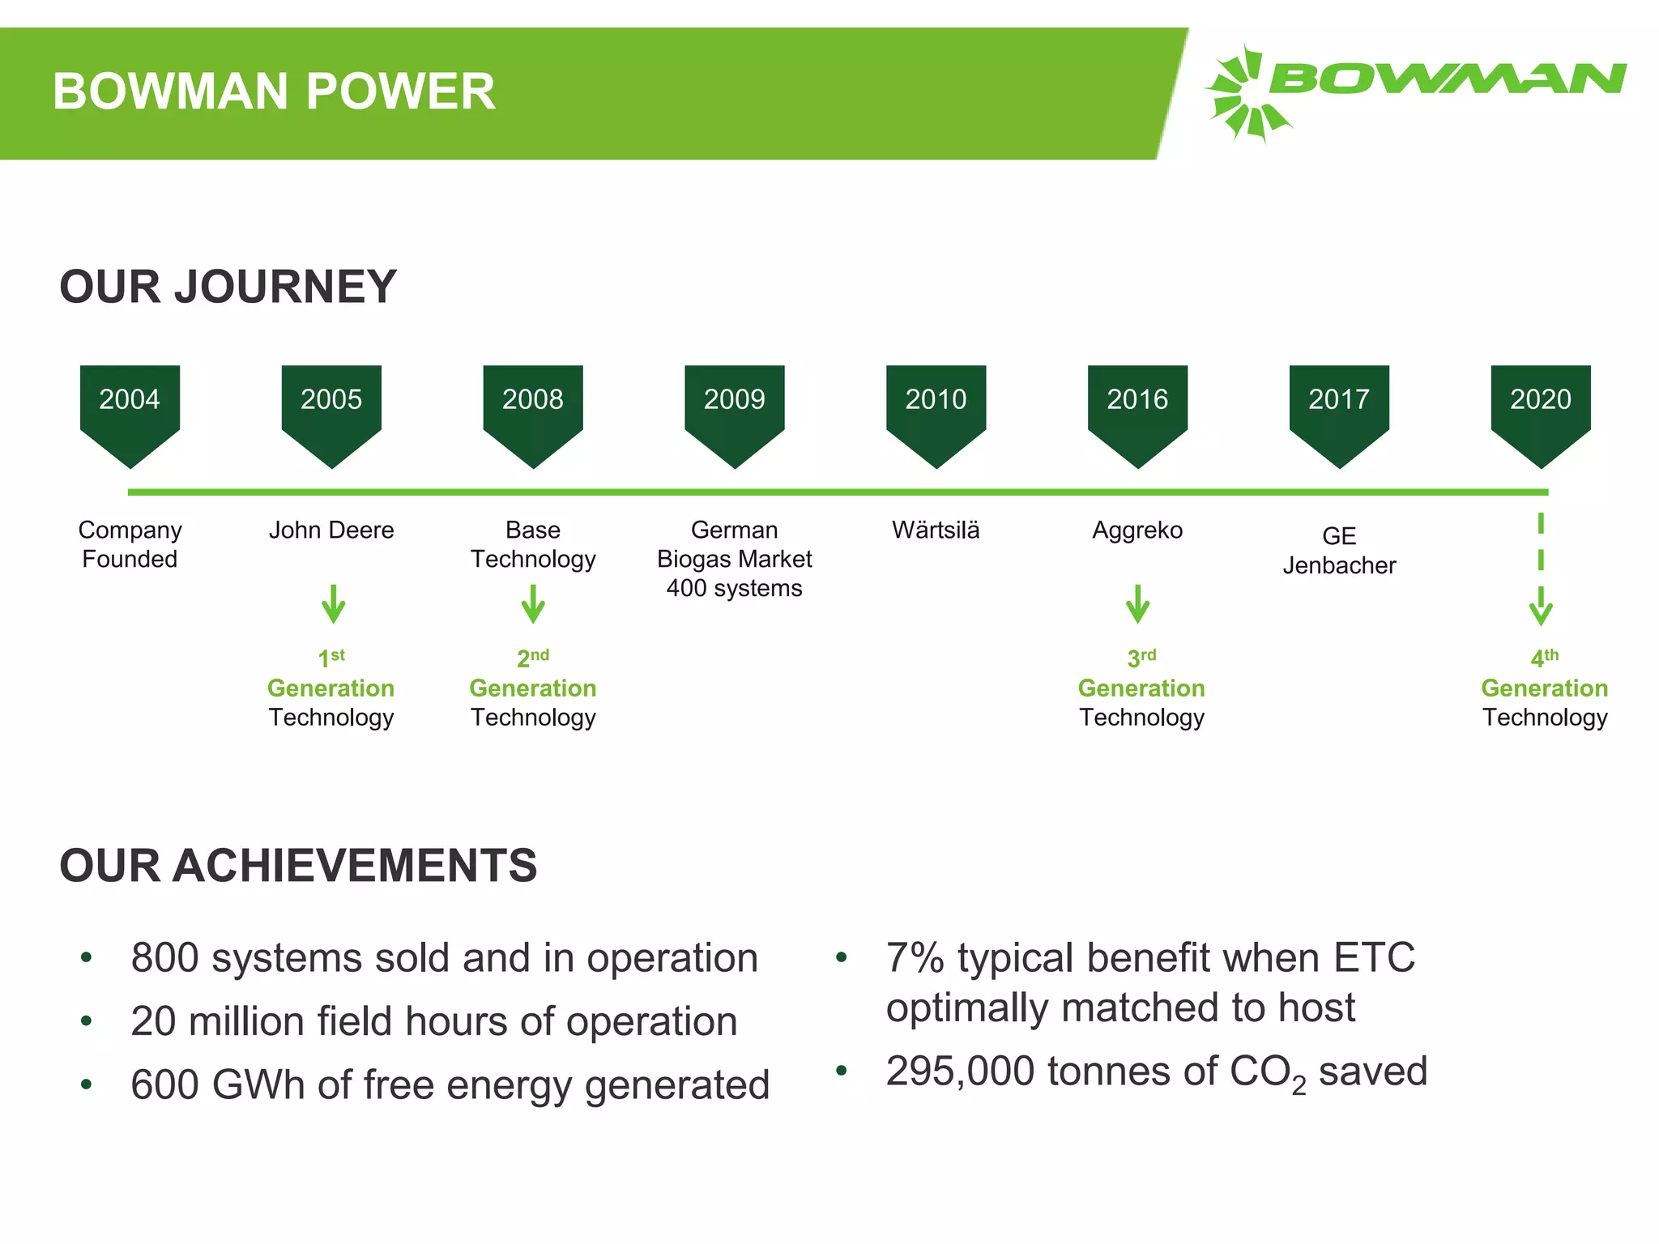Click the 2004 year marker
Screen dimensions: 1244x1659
130,409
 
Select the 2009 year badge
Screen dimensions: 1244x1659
734,409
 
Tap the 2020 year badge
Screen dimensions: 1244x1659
1540,409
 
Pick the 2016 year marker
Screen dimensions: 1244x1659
1137,409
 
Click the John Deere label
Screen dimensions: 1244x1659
331,530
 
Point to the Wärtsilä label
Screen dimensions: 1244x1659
936,530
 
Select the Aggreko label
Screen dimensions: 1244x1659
1137,530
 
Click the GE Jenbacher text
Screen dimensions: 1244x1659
1339,551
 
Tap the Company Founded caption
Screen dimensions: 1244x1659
130,544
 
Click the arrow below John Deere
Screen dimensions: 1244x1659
333,604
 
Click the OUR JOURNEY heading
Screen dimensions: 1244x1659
228,287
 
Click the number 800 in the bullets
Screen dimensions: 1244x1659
164,958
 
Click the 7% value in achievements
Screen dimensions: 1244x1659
915,958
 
